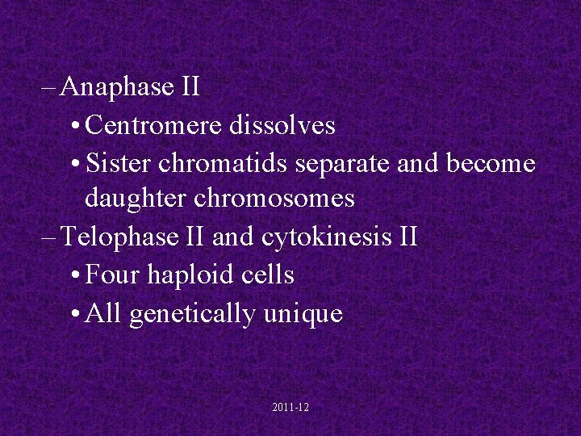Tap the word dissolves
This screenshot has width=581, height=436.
(282, 125)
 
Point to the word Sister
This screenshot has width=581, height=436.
(119, 163)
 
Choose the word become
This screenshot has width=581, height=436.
(491, 163)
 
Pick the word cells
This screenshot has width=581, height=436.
(267, 275)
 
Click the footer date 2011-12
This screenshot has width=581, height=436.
(290, 409)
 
